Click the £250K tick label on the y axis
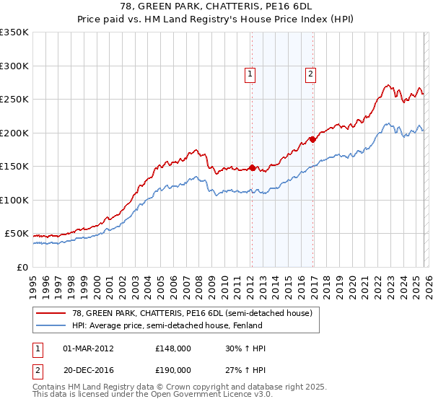click(14, 100)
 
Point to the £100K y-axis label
click(14, 201)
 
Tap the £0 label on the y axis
click(22, 268)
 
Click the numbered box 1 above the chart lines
click(250, 73)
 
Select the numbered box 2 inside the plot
click(310, 73)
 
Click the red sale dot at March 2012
click(252, 167)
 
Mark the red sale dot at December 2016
click(312, 139)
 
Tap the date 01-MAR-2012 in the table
click(89, 348)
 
